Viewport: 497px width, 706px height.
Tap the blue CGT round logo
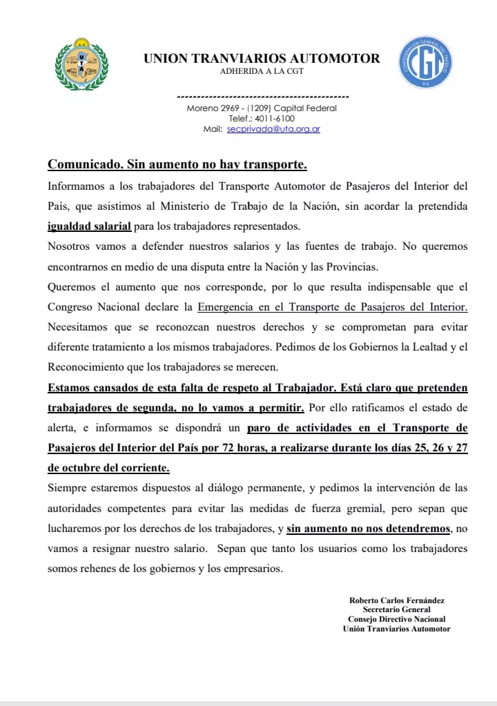(426, 63)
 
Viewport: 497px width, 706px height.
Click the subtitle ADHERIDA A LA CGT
(262, 71)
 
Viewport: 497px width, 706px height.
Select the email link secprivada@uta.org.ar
(273, 129)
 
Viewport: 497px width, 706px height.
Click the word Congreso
(72, 306)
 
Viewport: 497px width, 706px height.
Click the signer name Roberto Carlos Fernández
(396, 600)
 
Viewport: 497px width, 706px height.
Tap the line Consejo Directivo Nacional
(396, 619)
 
